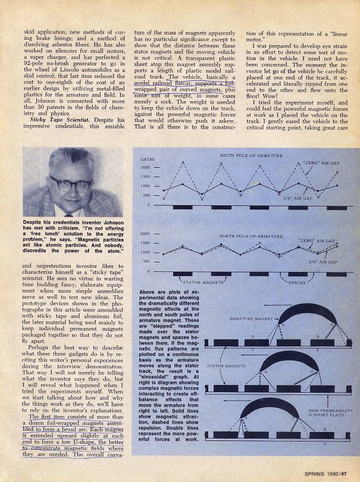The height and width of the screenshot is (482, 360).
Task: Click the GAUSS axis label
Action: coord(148,160)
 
